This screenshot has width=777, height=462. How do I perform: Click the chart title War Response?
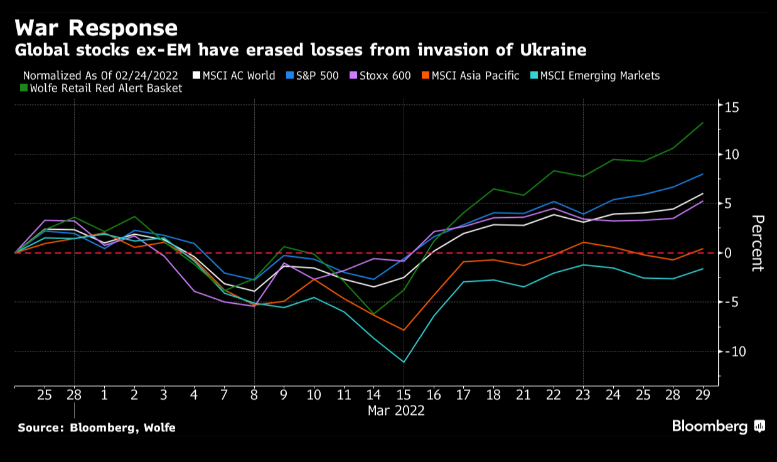[x=96, y=28]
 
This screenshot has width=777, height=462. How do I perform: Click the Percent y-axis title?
[x=758, y=243]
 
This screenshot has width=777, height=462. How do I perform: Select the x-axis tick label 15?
[x=404, y=395]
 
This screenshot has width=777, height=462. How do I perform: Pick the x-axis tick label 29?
[x=702, y=395]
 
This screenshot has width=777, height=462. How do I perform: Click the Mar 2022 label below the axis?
[x=396, y=411]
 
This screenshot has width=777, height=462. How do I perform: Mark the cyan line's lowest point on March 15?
[x=404, y=362]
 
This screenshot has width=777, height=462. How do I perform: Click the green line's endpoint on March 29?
[x=702, y=123]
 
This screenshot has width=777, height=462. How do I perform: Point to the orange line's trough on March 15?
[x=404, y=330]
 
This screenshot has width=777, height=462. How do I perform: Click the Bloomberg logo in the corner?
[x=718, y=427]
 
